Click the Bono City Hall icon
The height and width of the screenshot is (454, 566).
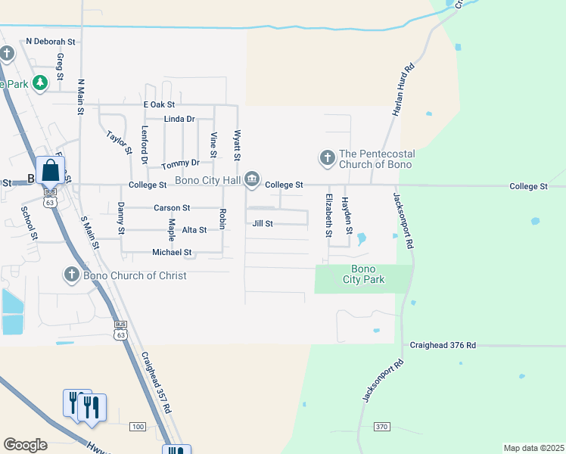click(252, 180)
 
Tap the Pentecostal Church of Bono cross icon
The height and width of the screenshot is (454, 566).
click(327, 158)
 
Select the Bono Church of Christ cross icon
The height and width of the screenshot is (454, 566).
click(71, 275)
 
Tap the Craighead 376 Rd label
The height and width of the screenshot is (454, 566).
click(443, 345)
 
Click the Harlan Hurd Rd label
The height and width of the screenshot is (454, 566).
click(400, 89)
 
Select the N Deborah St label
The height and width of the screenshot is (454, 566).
click(51, 42)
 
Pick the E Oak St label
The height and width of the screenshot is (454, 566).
click(159, 104)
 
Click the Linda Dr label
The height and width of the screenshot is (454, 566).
click(179, 119)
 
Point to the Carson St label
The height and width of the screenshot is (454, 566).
click(172, 207)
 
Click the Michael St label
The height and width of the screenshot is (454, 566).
click(172, 252)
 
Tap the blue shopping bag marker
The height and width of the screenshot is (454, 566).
click(50, 171)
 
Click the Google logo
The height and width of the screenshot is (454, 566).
click(25, 445)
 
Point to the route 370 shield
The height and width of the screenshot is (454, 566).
click(381, 427)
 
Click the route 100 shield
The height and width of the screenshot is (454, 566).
click(137, 427)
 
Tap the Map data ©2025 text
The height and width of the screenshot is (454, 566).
click(533, 448)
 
